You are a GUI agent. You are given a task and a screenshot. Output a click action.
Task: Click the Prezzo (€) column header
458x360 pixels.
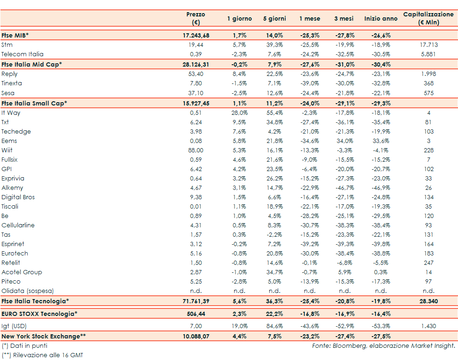pos(195,18)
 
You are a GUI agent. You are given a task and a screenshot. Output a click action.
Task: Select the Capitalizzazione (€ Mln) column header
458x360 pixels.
pos(428,18)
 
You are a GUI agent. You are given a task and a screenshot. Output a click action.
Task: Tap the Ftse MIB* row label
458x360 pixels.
pos(15,35)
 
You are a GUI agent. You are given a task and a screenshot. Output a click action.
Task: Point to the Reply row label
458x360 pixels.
pos(9,74)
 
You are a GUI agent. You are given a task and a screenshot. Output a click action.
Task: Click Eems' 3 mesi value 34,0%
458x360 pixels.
pos(345,141)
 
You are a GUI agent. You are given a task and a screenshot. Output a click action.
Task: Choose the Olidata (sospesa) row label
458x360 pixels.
pos(28,291)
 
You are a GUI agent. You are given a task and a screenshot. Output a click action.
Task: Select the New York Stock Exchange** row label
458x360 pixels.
pos(44,336)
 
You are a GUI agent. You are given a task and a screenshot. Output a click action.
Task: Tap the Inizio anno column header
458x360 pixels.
pos(380,19)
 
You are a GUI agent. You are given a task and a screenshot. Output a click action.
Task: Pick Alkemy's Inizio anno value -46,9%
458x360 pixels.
pos(380,187)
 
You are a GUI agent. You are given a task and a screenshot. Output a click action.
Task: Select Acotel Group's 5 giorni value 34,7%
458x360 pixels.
pos(274,272)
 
